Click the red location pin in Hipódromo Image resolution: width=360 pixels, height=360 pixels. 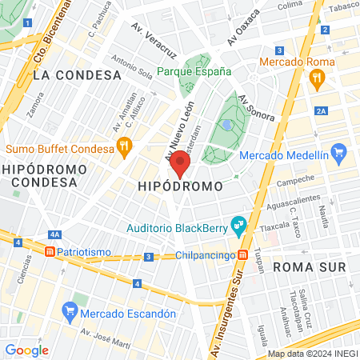coord(180,163)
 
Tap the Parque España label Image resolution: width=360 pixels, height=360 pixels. coord(194,71)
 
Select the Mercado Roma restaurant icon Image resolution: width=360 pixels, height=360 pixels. coord(318,78)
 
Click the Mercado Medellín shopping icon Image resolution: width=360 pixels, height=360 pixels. coord(338,151)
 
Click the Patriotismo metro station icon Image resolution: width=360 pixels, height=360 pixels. coord(50,250)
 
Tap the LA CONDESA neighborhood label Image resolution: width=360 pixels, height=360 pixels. coord(78,74)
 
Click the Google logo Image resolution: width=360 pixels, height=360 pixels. coord(26,350)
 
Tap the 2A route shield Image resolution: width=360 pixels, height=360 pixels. coord(322,111)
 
